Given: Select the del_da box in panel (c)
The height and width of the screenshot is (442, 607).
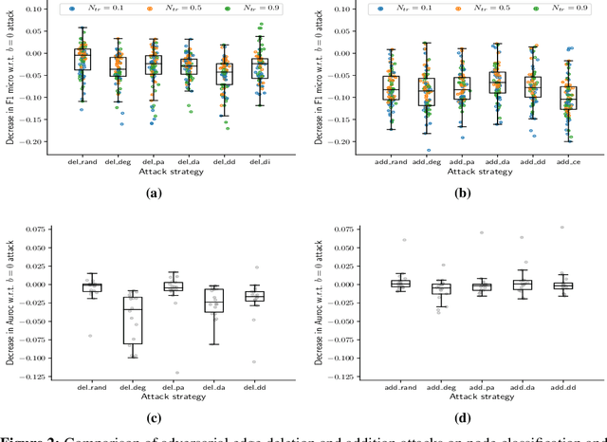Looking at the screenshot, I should [x=213, y=301].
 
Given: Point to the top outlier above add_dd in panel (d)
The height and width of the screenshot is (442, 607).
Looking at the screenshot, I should [x=563, y=228].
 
